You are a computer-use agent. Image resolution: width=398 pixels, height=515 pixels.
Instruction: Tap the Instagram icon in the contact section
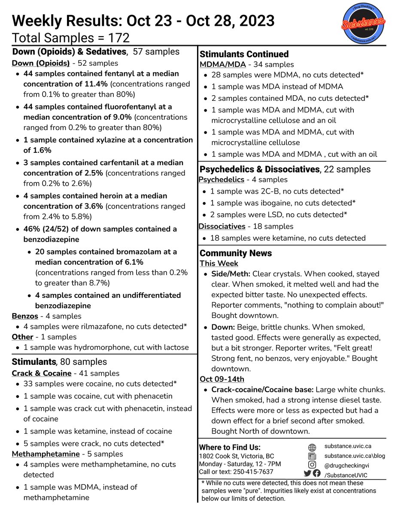click(x=312, y=465)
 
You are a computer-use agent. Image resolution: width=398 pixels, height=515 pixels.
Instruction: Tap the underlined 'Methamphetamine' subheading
click(x=46, y=454)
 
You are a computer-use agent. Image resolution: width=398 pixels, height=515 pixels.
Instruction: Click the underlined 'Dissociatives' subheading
click(x=222, y=226)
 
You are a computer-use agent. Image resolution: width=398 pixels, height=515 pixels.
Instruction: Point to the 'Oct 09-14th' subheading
click(x=222, y=379)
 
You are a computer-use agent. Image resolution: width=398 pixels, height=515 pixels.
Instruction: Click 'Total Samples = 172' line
click(x=71, y=38)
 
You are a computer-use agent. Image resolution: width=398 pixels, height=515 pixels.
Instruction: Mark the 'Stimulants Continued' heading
click(x=244, y=54)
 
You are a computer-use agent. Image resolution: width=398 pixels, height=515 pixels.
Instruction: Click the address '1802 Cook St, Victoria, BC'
click(x=236, y=456)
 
